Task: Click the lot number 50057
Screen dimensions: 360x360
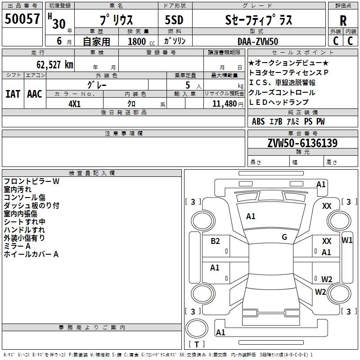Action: [22, 19]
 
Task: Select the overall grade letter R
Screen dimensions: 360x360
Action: [343, 21]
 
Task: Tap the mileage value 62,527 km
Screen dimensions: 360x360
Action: [55, 65]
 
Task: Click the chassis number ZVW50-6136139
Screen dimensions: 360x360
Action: [302, 143]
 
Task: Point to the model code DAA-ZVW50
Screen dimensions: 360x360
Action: [258, 41]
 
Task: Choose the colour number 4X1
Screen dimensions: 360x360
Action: [75, 104]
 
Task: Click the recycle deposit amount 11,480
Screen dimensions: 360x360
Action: [224, 104]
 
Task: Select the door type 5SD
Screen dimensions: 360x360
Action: [174, 20]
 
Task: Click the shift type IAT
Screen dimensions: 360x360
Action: [13, 94]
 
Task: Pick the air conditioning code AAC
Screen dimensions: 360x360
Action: [35, 94]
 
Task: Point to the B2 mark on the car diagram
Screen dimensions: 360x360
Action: [215, 241]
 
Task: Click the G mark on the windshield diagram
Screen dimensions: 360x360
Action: [284, 237]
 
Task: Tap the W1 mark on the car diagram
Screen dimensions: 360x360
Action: [347, 240]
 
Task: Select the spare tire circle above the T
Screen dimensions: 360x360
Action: [197, 328]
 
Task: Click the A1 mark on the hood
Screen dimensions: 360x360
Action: [251, 216]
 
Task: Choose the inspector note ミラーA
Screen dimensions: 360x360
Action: [17, 246]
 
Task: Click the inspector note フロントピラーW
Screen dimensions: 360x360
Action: [31, 181]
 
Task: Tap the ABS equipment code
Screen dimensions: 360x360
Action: [258, 121]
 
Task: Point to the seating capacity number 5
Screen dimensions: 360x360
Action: [188, 85]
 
